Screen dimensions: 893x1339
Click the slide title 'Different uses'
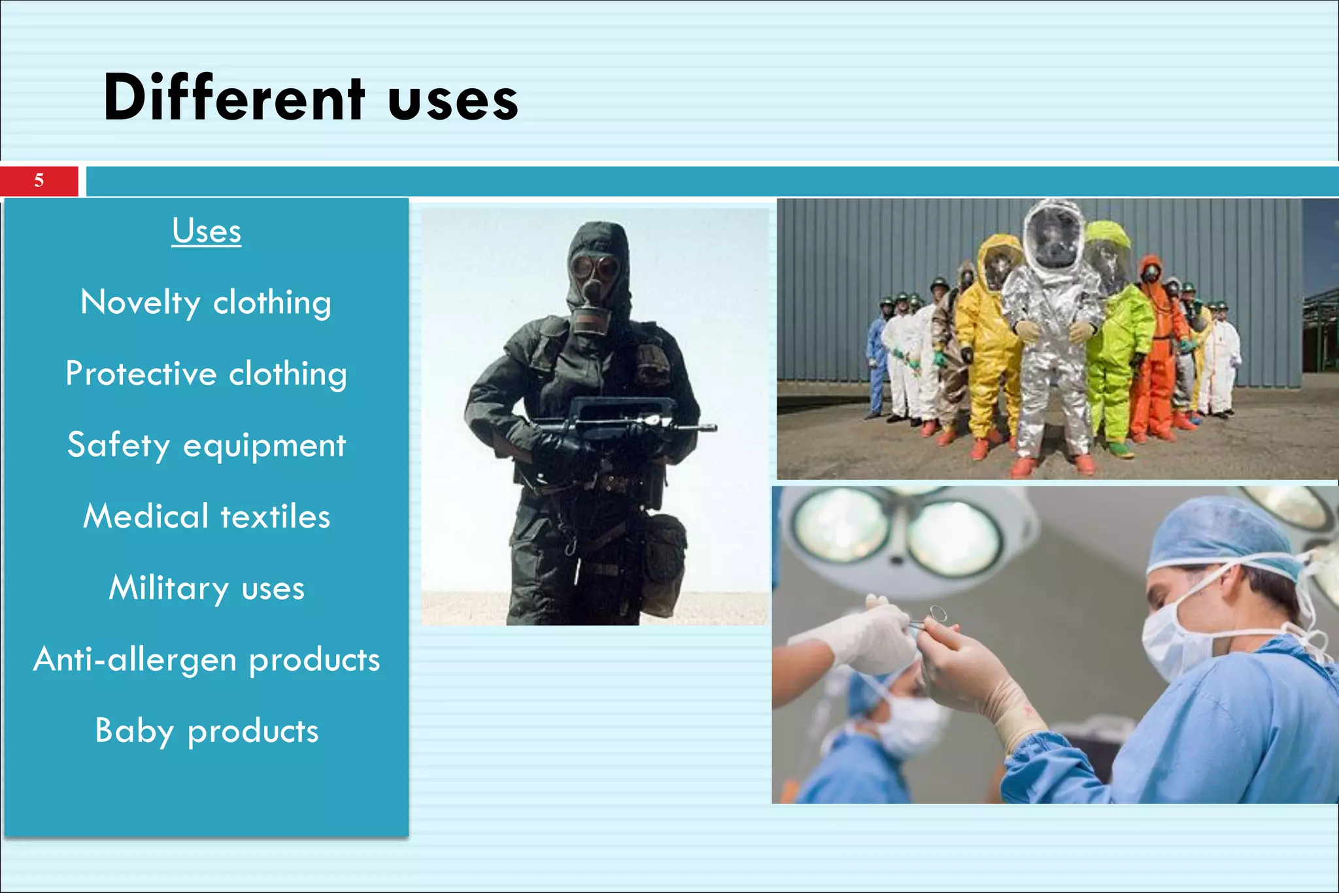(x=311, y=98)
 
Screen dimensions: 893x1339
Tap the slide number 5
(x=39, y=180)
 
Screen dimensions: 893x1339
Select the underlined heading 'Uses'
(x=207, y=231)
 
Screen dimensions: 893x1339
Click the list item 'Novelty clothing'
(x=206, y=303)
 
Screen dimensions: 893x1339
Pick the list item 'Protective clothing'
(x=206, y=374)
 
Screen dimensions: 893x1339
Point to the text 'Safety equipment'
(x=206, y=445)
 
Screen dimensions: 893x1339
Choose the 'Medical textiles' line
(x=206, y=516)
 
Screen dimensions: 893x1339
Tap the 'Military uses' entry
(x=206, y=588)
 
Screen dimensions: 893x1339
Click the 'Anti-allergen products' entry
(x=206, y=659)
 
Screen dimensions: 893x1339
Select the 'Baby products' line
(x=206, y=730)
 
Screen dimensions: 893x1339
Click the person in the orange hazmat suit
(x=1156, y=353)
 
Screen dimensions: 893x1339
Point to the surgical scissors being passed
(x=928, y=618)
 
